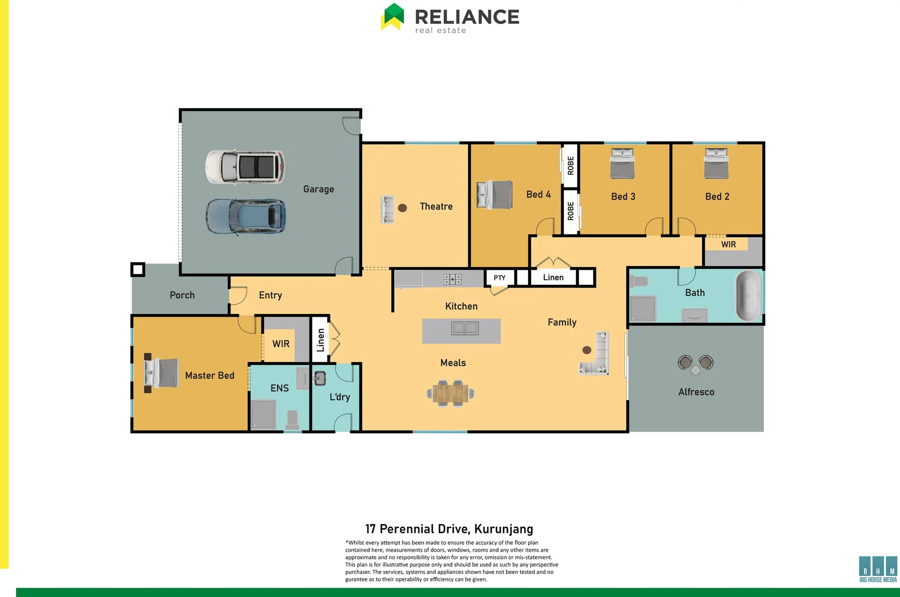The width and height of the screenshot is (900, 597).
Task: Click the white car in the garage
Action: tap(245, 166)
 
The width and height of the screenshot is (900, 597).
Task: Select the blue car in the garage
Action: tap(246, 216)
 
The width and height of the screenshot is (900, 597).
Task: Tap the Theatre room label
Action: tap(436, 207)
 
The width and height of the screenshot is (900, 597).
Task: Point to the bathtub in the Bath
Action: tap(748, 296)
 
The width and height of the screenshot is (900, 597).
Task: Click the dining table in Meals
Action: tap(451, 394)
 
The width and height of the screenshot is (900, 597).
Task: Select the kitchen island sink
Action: tap(464, 328)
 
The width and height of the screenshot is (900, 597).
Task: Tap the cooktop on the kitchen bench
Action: tap(452, 279)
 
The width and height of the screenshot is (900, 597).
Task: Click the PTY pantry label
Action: tap(500, 278)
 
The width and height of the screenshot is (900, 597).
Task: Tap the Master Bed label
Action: tap(210, 376)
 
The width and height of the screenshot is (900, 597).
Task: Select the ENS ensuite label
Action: tap(279, 389)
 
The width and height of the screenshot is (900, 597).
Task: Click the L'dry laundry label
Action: tap(339, 397)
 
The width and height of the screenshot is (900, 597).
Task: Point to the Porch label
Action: tap(182, 295)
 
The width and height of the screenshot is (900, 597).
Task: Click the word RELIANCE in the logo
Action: tap(467, 17)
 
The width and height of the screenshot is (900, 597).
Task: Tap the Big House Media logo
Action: tap(878, 569)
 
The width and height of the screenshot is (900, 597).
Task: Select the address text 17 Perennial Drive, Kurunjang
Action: tap(449, 529)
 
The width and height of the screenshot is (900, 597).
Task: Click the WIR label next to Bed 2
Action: tap(728, 244)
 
